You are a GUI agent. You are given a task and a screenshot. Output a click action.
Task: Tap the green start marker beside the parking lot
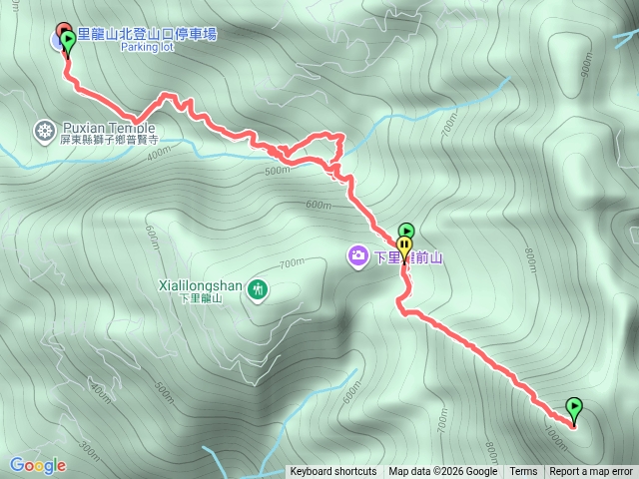click(x=68, y=40)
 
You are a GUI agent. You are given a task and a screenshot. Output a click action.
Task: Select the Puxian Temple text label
click(x=109, y=128)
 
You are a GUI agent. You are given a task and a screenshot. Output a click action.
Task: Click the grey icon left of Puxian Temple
click(x=44, y=129)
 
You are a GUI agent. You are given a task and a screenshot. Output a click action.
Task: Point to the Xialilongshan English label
click(x=200, y=285)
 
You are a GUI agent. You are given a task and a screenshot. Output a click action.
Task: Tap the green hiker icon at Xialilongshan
click(x=259, y=289)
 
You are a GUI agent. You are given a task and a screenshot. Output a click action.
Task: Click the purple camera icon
click(x=357, y=256)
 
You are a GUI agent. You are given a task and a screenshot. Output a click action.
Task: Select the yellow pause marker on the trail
click(x=404, y=243)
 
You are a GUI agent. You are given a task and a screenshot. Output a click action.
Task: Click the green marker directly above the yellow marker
click(x=406, y=232)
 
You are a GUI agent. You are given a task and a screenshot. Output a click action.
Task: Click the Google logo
click(x=37, y=465)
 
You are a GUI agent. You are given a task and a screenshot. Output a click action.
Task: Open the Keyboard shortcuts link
click(x=333, y=472)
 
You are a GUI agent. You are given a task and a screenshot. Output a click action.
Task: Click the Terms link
click(x=523, y=472)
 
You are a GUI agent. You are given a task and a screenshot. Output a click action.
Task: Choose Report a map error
click(x=591, y=472)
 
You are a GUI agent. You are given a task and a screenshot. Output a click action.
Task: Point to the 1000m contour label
click(x=557, y=432)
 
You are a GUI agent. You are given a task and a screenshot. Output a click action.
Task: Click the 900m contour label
click(x=586, y=66)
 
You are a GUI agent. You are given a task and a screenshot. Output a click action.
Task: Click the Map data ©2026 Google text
click(x=442, y=472)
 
